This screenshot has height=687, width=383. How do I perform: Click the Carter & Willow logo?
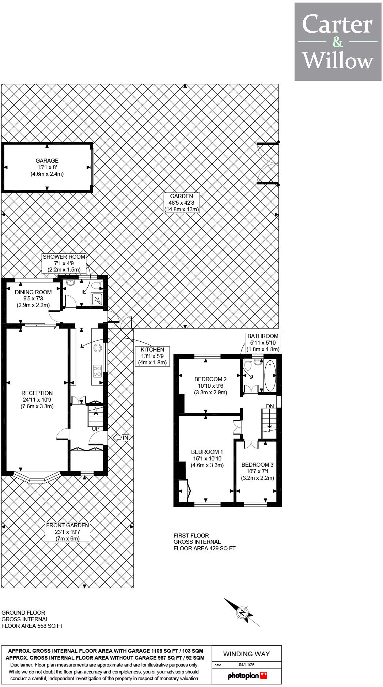338,42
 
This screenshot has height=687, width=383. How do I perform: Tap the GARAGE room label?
47,167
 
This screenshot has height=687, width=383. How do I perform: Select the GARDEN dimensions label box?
182,203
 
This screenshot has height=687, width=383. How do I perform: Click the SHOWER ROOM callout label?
64,263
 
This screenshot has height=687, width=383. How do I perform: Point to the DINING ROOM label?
33,299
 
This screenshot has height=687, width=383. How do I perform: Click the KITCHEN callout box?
152,356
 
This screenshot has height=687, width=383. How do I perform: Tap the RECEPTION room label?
37,399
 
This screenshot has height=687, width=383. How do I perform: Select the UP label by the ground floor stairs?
96,429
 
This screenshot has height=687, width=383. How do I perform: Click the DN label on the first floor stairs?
270,406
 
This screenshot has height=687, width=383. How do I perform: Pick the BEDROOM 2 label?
211,386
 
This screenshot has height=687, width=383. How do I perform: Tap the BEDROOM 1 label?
207,458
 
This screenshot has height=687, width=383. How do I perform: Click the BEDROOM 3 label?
257,471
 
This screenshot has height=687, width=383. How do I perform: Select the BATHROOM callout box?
263,342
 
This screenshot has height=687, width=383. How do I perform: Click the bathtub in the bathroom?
270,376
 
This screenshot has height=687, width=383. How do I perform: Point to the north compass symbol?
242,612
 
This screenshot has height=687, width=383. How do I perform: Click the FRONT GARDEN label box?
68,532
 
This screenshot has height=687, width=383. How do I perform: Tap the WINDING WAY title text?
246,654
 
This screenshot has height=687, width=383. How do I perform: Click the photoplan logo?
247,676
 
